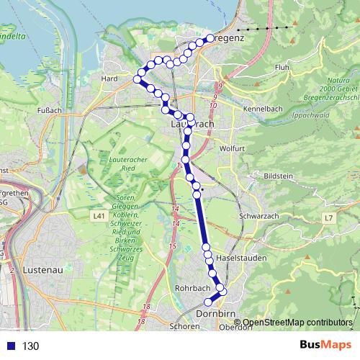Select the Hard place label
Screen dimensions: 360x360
110,78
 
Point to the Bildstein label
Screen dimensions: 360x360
278,176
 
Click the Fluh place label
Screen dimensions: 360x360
282,68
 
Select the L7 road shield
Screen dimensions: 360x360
328,217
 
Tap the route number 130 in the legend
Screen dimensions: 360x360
30,346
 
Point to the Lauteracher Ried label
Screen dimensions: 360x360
118,163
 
